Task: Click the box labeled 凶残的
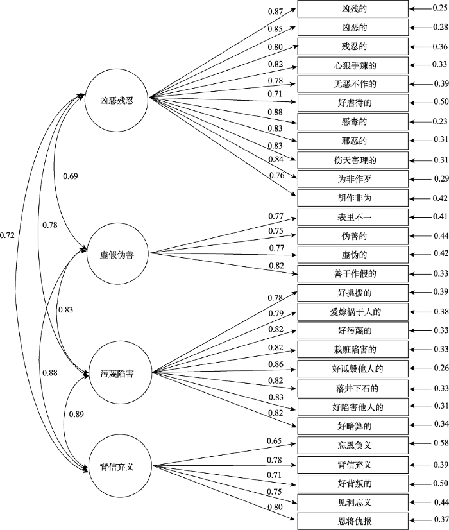click(x=353, y=9)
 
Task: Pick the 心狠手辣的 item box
click(x=353, y=65)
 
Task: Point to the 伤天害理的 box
click(x=353, y=159)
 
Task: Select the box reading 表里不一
click(x=353, y=217)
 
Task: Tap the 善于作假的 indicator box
click(x=353, y=274)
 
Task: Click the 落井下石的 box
click(x=353, y=388)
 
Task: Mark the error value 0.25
click(x=438, y=9)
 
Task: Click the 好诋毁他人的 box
click(x=353, y=368)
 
